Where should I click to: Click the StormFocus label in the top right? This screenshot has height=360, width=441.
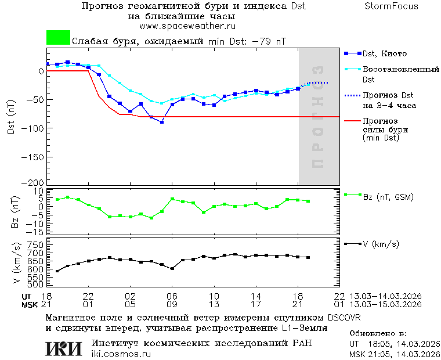[391, 6]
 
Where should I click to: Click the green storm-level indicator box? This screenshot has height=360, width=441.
[58, 38]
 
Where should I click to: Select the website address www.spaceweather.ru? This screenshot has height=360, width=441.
[187, 26]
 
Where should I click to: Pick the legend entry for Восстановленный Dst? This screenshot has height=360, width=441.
[400, 74]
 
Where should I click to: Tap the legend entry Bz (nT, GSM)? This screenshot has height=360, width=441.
[387, 197]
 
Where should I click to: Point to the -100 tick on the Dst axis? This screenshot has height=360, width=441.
[34, 128]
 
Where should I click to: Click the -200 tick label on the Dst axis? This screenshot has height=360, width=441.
[34, 182]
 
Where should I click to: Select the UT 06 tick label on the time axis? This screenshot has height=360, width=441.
[172, 296]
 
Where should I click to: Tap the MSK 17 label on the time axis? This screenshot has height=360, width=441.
[256, 304]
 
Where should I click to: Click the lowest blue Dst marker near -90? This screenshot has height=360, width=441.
[162, 122]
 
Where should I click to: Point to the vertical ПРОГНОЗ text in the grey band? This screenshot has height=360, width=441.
[317, 117]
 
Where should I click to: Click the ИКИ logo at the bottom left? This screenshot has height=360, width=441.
[64, 348]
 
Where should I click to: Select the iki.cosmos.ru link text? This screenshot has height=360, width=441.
[121, 354]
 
